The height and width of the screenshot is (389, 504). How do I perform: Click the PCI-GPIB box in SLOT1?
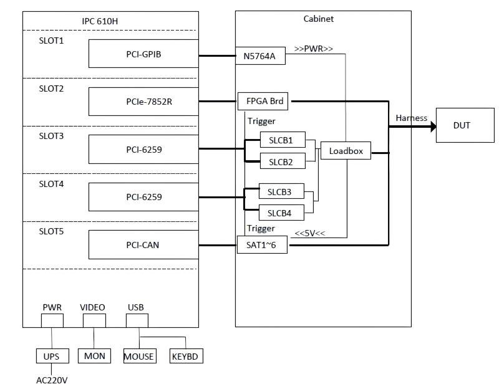tap(143, 54)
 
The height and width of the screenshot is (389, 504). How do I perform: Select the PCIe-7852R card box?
tap(143, 102)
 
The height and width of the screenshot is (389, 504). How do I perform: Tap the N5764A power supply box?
tap(260, 55)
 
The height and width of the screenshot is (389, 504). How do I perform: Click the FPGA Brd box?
tap(263, 101)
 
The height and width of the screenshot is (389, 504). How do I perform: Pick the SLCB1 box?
tap(283, 140)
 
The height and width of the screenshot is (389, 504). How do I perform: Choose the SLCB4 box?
tap(281, 213)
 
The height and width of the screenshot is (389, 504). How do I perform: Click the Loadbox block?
tap(346, 151)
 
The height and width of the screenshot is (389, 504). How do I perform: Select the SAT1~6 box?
tap(262, 245)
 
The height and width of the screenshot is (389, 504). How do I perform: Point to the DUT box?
tap(465, 125)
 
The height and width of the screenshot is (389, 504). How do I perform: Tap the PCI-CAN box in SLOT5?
tap(143, 244)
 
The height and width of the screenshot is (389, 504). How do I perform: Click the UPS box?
tap(52, 356)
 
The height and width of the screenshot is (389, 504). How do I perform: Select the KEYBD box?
tap(186, 356)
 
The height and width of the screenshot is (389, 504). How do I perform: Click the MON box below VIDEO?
tap(94, 356)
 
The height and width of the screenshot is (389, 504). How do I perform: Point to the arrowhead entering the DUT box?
tap(434, 127)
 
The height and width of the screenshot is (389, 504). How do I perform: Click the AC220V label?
tap(52, 380)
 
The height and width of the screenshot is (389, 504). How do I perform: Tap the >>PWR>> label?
tap(313, 49)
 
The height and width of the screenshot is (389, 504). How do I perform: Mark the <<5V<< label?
tap(310, 233)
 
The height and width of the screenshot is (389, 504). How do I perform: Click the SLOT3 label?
tap(51, 136)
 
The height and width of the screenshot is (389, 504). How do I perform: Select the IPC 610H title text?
tap(100, 21)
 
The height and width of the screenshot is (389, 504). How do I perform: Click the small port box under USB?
tap(137, 320)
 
